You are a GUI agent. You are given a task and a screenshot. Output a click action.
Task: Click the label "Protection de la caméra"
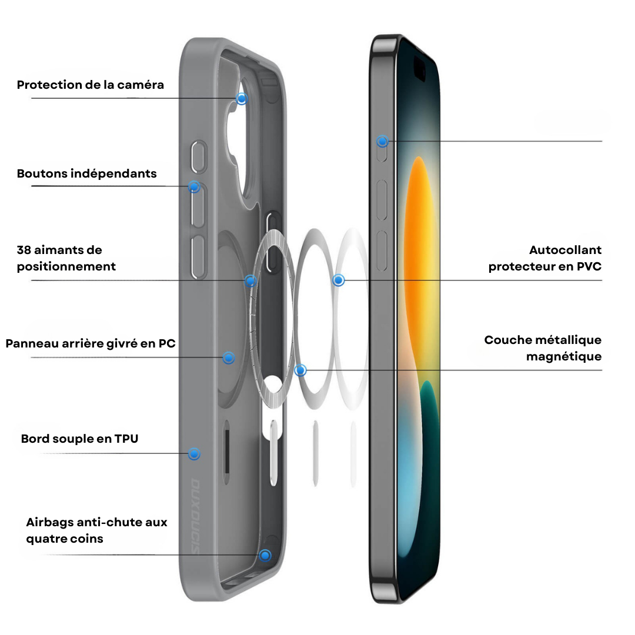pos(91,85)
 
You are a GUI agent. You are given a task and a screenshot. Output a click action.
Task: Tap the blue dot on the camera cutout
pos(242,98)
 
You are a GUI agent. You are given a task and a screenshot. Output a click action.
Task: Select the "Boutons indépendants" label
pos(86,173)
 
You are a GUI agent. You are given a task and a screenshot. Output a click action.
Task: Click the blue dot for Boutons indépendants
pos(195,187)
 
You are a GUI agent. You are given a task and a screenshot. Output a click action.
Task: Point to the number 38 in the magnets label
pos(24,250)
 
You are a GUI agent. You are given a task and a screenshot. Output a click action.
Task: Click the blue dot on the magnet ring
pos(250,280)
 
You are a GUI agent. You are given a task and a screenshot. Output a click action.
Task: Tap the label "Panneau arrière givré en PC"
pos(91,343)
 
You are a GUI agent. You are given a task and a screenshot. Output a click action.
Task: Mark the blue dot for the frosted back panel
pos(229,357)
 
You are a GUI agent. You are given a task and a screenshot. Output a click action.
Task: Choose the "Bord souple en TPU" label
pos(80,439)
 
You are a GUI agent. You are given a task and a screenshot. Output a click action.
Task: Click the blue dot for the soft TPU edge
pos(195,454)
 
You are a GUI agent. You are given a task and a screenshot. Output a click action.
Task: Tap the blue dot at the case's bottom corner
pos(265,555)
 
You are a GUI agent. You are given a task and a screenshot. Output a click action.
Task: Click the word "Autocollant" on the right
pos(566,250)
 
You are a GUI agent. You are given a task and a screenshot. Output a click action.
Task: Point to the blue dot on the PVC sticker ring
pos(339,280)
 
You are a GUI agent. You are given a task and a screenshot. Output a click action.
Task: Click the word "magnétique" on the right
pos(564,357)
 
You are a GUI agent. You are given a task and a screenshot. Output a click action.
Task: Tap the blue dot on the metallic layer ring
pos(300,370)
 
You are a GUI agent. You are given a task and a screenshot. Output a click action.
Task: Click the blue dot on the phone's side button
pos(382,141)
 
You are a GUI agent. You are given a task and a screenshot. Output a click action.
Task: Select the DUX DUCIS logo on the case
pos(196,516)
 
